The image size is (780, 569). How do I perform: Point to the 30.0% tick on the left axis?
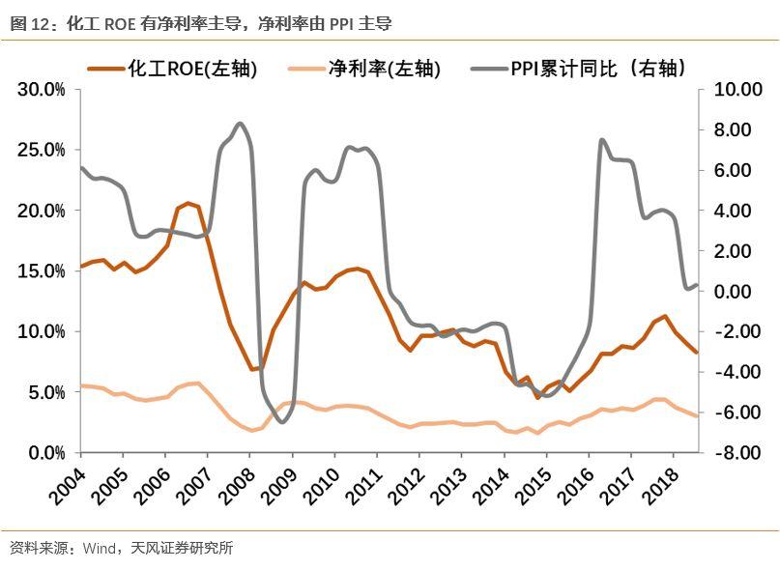[x=41, y=90]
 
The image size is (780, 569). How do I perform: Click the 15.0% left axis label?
[x=41, y=271]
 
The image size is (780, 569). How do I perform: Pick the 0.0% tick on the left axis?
[x=44, y=453]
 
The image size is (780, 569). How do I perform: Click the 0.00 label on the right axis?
[x=735, y=292]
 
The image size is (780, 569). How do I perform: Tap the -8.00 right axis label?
[x=735, y=453]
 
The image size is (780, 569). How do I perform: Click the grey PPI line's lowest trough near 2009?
[x=281, y=421]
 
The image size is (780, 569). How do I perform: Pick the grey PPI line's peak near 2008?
[x=240, y=124]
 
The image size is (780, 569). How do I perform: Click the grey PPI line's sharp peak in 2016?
[x=601, y=140]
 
